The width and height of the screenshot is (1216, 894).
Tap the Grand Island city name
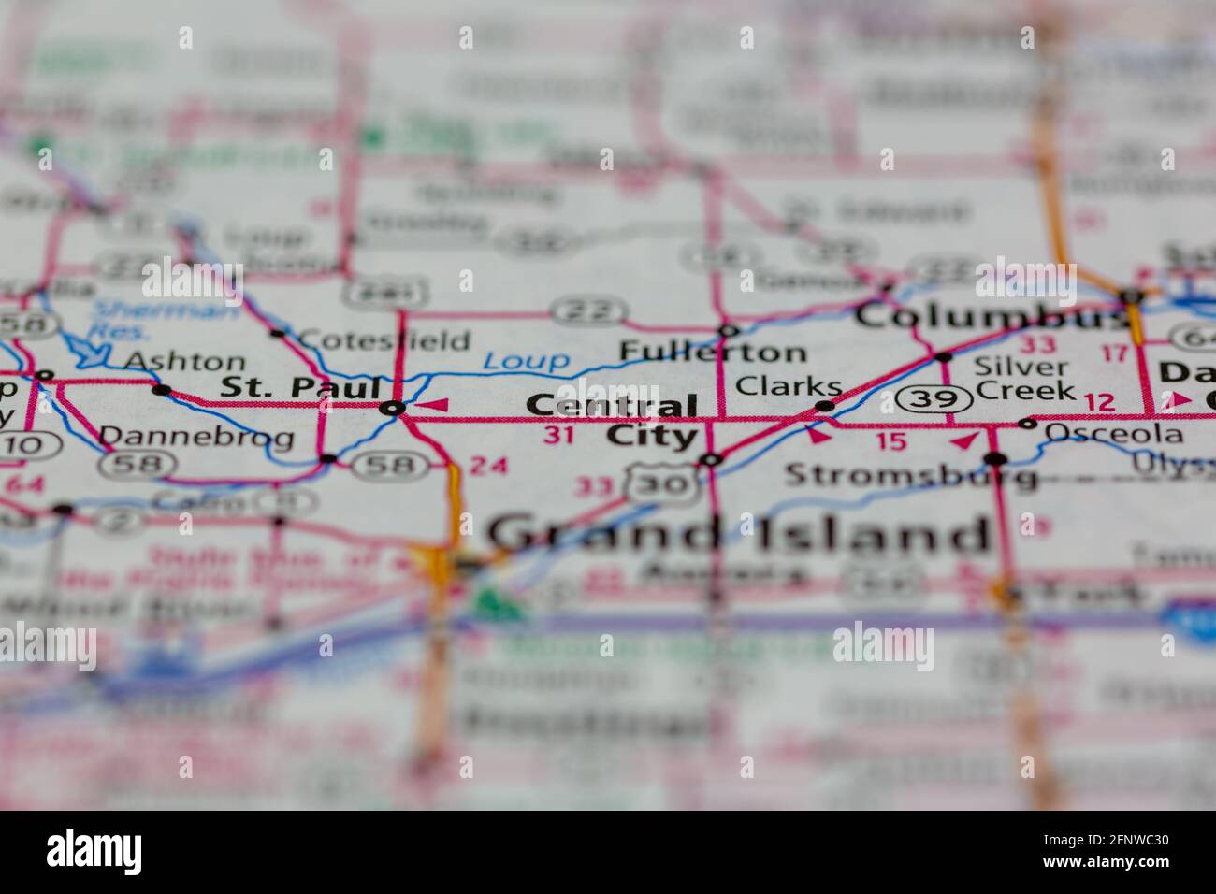(739, 534)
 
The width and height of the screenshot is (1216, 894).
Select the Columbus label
(992, 315)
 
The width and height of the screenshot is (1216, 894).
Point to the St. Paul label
(300, 387)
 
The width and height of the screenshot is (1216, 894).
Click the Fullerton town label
(713, 353)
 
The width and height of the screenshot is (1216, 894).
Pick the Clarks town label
(788, 385)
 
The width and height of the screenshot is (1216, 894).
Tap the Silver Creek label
(1023, 379)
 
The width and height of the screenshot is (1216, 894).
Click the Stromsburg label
(910, 475)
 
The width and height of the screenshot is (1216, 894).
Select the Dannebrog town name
(195, 435)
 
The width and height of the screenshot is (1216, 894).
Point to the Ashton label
(184, 361)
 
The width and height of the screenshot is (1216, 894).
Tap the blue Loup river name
(526, 360)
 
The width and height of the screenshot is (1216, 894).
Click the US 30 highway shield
(663, 482)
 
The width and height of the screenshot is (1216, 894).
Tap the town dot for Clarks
(824, 406)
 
